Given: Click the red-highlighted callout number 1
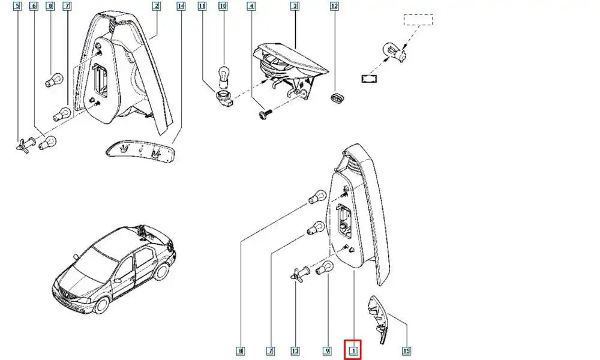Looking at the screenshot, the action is pyautogui.click(x=353, y=350).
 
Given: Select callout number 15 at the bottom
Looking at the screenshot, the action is pyautogui.click(x=406, y=350).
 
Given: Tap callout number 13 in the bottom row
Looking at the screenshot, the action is pyautogui.click(x=295, y=351).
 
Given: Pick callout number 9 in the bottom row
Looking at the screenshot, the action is pyautogui.click(x=327, y=351).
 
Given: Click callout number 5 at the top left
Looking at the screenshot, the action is pyautogui.click(x=17, y=6).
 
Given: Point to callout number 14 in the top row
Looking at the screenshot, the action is pyautogui.click(x=181, y=6).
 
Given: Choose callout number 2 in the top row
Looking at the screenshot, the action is pyautogui.click(x=156, y=6).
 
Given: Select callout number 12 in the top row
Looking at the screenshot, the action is pyautogui.click(x=334, y=6).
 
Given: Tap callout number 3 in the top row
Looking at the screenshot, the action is pyautogui.click(x=294, y=6).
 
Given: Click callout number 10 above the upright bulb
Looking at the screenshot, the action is pyautogui.click(x=223, y=6).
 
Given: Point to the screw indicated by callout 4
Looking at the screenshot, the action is pyautogui.click(x=265, y=114).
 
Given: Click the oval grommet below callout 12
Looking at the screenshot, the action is pyautogui.click(x=337, y=98).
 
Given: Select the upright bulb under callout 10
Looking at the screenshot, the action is pyautogui.click(x=223, y=77).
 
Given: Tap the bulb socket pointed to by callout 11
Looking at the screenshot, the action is pyautogui.click(x=224, y=98).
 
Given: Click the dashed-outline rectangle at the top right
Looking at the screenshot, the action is pyautogui.click(x=419, y=20).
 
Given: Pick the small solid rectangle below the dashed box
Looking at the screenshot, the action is pyautogui.click(x=369, y=79).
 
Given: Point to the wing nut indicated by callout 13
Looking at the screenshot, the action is pyautogui.click(x=296, y=274).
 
